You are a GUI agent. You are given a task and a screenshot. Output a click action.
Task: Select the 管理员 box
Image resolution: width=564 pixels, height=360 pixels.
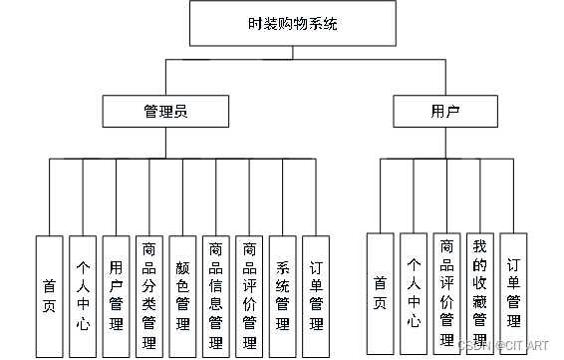159,110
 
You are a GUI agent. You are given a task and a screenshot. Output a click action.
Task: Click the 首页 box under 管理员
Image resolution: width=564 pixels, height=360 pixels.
49,295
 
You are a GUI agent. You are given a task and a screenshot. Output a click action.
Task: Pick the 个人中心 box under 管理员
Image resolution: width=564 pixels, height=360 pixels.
83,295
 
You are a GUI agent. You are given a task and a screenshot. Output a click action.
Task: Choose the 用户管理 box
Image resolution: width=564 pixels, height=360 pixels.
116,295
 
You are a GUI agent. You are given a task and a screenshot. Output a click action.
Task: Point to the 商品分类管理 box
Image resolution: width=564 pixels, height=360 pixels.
149,295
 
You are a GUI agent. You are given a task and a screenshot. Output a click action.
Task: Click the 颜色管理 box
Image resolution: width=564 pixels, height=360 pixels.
182,295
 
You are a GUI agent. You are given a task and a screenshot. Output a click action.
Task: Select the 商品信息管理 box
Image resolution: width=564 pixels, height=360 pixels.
215,295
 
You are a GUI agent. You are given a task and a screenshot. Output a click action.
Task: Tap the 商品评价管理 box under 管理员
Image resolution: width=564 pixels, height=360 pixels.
248,295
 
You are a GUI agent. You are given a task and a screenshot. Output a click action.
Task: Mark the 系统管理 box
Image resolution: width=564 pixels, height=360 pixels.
282,295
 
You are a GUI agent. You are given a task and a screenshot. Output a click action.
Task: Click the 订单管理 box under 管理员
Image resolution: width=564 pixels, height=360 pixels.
315,295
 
